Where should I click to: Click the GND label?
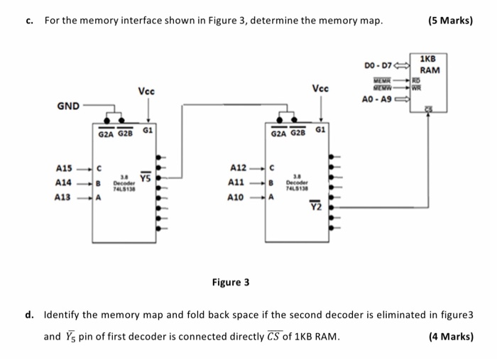coord(68,106)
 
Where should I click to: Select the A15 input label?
coord(64,168)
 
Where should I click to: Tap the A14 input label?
coord(64,182)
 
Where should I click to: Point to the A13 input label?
coord(64,197)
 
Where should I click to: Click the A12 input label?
coord(238,168)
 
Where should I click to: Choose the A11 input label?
coord(238,182)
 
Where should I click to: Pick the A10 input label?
coord(238,197)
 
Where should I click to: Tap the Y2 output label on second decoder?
coord(315,207)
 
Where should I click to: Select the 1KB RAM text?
coord(429,65)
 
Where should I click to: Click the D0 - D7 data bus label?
coord(377,65)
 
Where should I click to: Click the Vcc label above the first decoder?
coord(147,91)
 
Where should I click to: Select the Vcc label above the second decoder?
coord(320,89)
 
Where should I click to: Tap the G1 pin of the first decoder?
coord(147,131)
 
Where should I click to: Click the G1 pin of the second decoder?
coord(320,131)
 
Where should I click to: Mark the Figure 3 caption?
coord(231,282)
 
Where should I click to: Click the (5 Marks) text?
coord(450,21)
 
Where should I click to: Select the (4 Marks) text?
coord(451,337)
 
